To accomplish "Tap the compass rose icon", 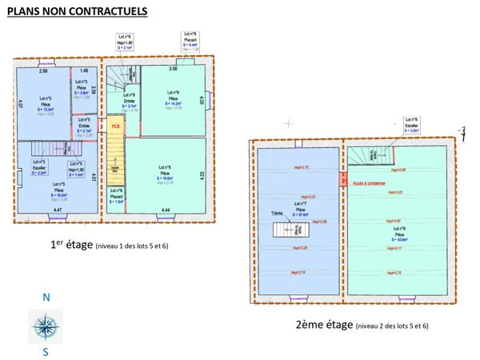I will (x=46, y=326).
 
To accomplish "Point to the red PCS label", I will (x=116, y=126).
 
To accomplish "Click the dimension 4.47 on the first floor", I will (x=58, y=210).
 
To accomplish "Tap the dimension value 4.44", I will (x=165, y=210).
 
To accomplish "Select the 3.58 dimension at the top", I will (x=172, y=70).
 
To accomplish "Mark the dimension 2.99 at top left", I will (x=43, y=72).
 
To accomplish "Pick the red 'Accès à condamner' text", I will (x=368, y=182).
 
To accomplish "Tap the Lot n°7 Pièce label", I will (x=302, y=210).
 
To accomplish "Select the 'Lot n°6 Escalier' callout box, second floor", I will (x=413, y=123).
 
